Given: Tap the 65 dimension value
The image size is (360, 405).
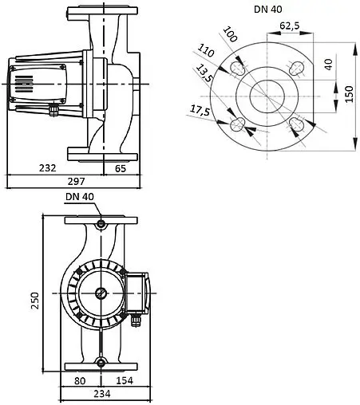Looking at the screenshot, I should [120, 168].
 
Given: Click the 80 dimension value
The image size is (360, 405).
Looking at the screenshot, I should [80, 380].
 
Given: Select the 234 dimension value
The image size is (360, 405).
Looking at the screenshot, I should [100, 394].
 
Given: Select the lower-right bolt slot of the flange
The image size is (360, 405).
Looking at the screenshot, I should [297, 124].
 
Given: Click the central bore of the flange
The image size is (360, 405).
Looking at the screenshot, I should [268, 96].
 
